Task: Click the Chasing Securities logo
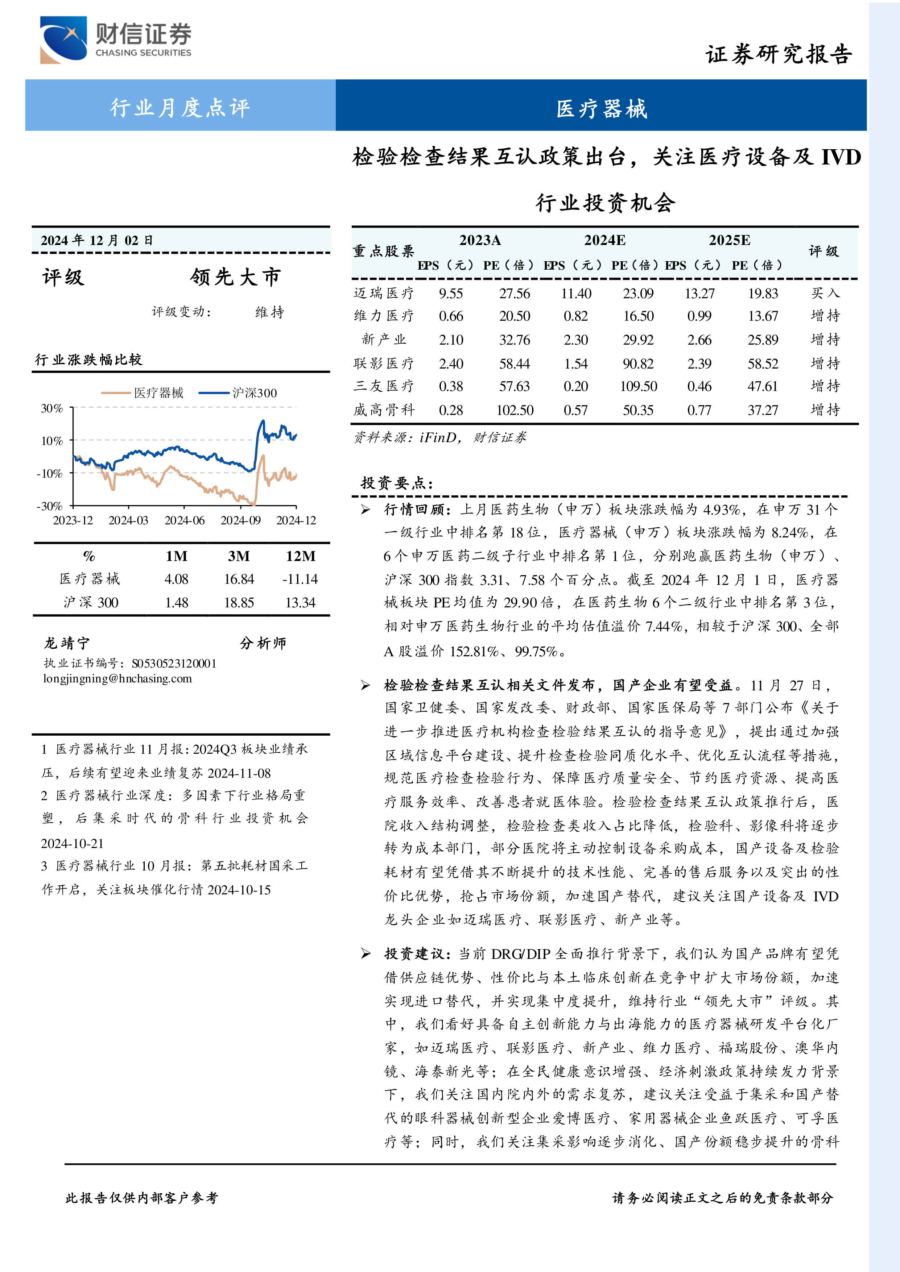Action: pyautogui.click(x=115, y=40)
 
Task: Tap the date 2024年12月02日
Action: pyautogui.click(x=97, y=240)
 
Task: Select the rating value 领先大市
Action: pyautogui.click(x=236, y=277)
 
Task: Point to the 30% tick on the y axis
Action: pyautogui.click(x=52, y=408)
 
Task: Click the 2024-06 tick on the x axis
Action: pyautogui.click(x=185, y=520)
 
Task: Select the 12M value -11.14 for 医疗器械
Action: pyautogui.click(x=300, y=579)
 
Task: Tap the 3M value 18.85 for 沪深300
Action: pyautogui.click(x=239, y=602)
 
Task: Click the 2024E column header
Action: pyautogui.click(x=604, y=240)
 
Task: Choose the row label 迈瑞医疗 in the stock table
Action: pyautogui.click(x=384, y=293)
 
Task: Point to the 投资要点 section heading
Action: pyautogui.click(x=396, y=483)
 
